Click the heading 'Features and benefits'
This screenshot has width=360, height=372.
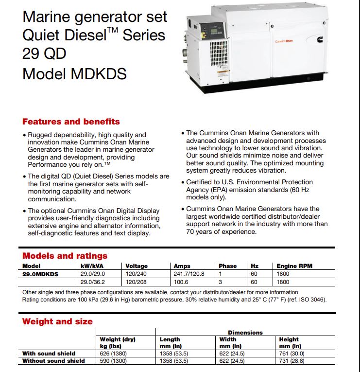click(x=71, y=122)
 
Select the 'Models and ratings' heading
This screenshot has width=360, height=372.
click(x=65, y=256)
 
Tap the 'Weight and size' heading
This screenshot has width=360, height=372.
click(x=57, y=321)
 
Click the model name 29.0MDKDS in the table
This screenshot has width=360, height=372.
click(x=40, y=274)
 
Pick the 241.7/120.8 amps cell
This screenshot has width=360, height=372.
click(x=189, y=274)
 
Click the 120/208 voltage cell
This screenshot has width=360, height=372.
click(x=136, y=282)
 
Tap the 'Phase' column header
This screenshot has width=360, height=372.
click(x=227, y=266)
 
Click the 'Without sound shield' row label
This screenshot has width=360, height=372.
click(x=53, y=361)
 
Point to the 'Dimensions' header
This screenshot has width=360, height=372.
click(x=245, y=333)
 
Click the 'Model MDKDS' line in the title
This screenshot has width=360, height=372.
click(x=74, y=74)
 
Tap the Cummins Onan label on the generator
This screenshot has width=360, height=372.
click(x=284, y=42)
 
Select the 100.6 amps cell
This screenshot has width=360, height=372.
click(x=181, y=282)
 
